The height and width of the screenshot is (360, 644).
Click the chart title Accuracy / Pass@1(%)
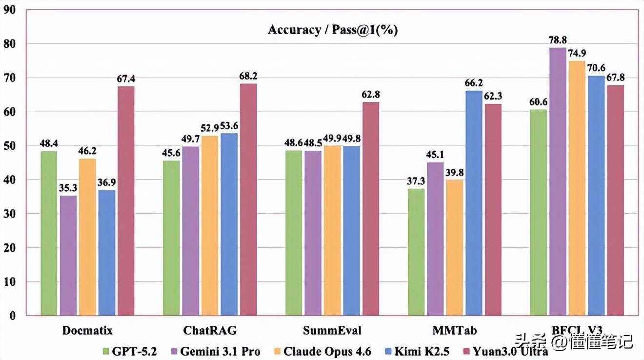[x=333, y=30]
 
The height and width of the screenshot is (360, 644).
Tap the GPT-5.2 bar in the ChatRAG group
[x=171, y=238]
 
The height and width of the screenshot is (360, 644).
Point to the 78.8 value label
[x=558, y=40]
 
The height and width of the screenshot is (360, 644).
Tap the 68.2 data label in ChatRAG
[x=248, y=76]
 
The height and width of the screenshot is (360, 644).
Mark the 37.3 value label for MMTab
[x=416, y=181]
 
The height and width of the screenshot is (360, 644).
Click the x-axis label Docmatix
[x=87, y=331]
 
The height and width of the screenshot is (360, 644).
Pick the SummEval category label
[x=332, y=331]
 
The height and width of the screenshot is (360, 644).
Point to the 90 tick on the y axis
[x=10, y=10]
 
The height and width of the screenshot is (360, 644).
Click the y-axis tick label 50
[x=10, y=146]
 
